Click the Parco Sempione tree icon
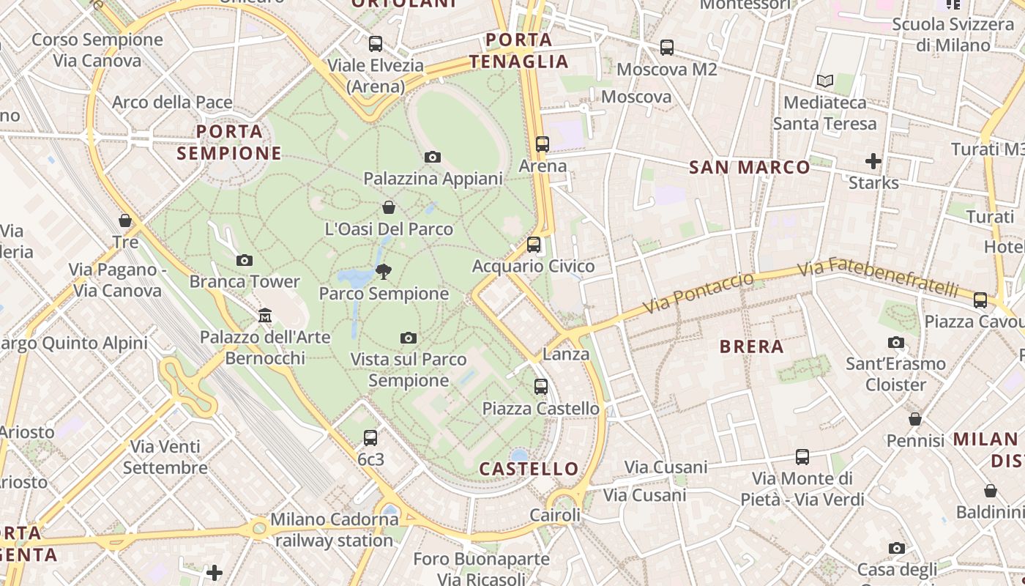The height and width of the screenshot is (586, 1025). pos(383,272)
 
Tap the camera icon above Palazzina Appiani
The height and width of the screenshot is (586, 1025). pos(433,157)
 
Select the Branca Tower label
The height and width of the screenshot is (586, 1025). pos(245,281)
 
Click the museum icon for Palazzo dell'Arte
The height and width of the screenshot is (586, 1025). pos(265,316)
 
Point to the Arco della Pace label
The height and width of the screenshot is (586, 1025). pos(172,102)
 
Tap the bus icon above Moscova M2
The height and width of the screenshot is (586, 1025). pos(666,48)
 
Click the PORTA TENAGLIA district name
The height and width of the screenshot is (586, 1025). pos(518,51)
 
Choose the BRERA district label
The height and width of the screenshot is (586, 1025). pos(752,346)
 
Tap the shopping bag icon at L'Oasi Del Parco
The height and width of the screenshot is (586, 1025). pos(389,207)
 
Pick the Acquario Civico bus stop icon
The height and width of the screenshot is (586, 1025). pos(534,245)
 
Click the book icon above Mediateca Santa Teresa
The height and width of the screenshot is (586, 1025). pos(825,81)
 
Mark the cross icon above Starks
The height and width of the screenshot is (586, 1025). pos(873,160)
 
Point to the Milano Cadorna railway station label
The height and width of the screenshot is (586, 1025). pos(335,530)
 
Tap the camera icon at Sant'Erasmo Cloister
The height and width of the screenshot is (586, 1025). pos(895,342)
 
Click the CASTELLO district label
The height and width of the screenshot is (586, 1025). pos(529,469)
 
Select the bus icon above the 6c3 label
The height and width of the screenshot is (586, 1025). pos(370,438)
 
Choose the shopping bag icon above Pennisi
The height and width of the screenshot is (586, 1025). pos(915,419)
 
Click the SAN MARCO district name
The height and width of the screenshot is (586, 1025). pos(750,167)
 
